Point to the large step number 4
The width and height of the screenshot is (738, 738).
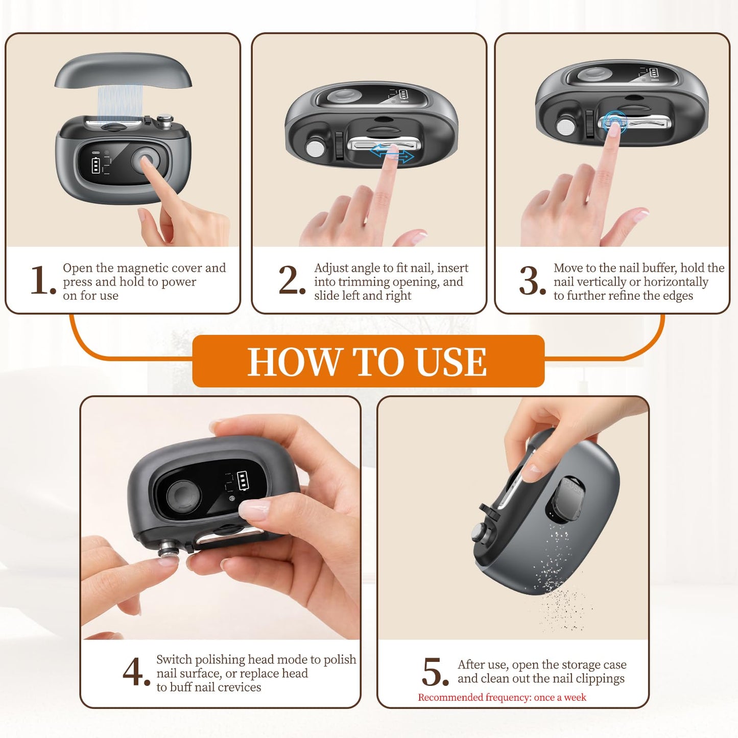(136, 672)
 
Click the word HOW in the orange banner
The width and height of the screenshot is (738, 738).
(294, 361)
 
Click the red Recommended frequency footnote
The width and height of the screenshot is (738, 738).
(502, 697)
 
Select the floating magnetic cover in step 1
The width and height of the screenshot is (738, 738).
(123, 70)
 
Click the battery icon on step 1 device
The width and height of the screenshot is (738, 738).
(96, 165)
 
